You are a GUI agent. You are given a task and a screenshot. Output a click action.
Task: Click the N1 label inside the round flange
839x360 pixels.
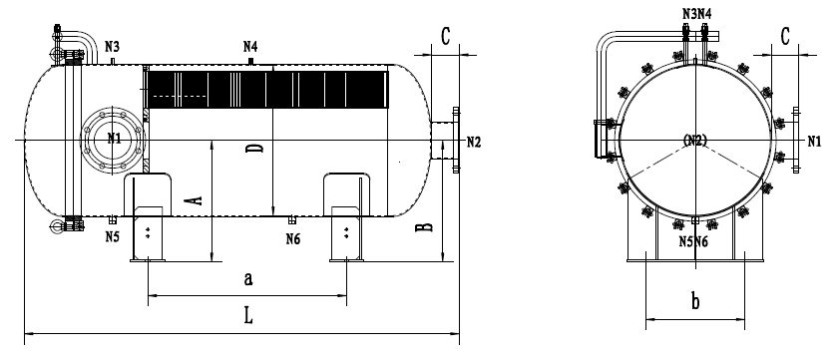point(114,138)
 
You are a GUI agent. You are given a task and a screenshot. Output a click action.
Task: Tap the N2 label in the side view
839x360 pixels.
point(474,142)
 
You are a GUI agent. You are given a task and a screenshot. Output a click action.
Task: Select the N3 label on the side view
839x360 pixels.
point(112,47)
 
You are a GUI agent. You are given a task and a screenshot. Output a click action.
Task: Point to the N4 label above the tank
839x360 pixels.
point(250,47)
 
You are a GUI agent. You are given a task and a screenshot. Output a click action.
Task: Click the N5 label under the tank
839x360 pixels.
point(113,236)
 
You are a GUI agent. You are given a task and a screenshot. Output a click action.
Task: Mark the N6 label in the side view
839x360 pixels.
point(292,238)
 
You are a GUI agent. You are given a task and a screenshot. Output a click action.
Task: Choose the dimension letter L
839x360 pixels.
point(248,315)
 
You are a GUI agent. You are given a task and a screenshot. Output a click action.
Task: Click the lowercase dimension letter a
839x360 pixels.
point(248,278)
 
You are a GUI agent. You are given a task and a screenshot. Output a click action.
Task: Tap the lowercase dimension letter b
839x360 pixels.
point(695,302)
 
